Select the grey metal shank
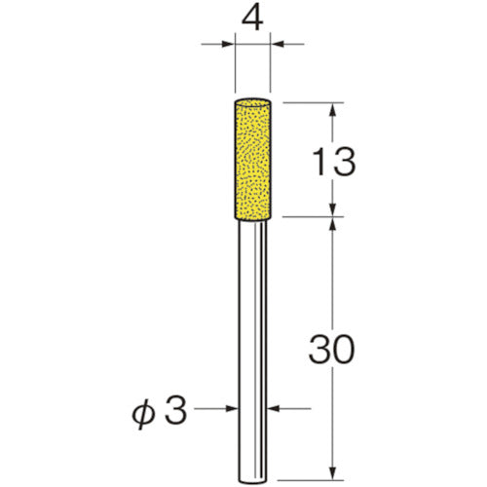(x=255, y=341)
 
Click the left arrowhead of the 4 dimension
(x=229, y=43)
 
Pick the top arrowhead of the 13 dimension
(x=333, y=108)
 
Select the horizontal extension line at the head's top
(x=312, y=100)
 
